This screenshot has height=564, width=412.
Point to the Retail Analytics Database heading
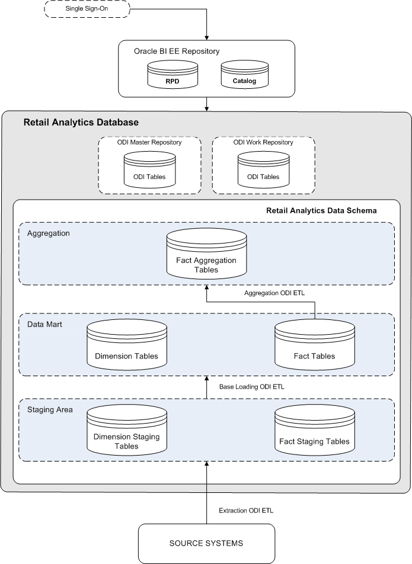81,123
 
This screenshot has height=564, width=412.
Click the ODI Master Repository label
149,142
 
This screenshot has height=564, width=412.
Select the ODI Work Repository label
263,142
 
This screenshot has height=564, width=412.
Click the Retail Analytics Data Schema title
321,210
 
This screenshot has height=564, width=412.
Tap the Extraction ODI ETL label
246,510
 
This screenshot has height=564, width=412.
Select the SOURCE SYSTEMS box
206,543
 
